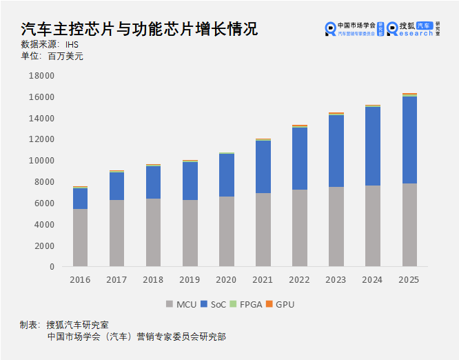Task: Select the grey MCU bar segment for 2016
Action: pos(80,237)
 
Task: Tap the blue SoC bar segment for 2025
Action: pos(409,140)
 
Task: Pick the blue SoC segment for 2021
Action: pos(263,167)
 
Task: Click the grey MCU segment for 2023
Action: pos(336,226)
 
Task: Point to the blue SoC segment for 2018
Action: pos(153,182)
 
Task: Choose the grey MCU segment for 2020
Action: pos(227,231)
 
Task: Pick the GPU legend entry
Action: pos(280,304)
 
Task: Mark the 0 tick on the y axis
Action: pos(51,267)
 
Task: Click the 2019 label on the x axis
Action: pos(190,280)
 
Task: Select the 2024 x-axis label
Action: pos(373,280)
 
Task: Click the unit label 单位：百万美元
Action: pos(52,56)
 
